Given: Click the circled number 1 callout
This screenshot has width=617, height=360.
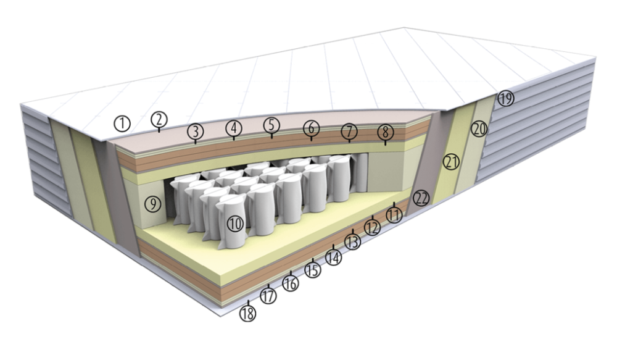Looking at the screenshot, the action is click(x=122, y=123).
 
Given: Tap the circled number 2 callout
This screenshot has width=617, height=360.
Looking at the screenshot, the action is click(x=159, y=119).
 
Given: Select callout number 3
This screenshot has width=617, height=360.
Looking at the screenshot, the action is click(x=195, y=131).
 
